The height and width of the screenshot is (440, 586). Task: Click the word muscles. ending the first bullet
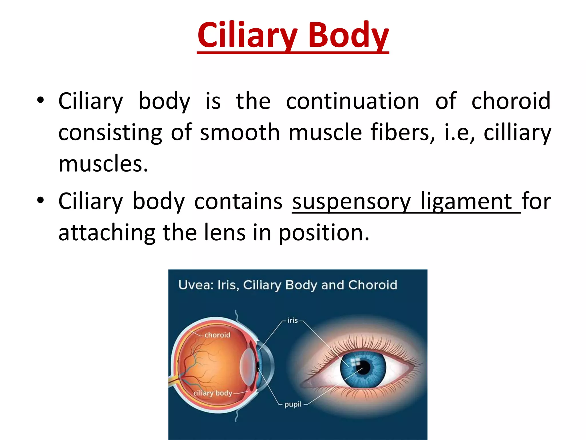pyautogui.click(x=103, y=164)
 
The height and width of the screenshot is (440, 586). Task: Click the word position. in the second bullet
pyautogui.click(x=324, y=233)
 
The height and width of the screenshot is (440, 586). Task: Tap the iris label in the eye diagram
pyautogui.click(x=292, y=320)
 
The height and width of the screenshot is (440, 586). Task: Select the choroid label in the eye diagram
pyautogui.click(x=217, y=335)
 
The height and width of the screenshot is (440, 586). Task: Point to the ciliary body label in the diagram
pyautogui.click(x=213, y=393)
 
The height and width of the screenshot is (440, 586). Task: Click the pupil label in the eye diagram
pyautogui.click(x=293, y=404)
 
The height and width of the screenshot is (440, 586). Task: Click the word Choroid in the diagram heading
pyautogui.click(x=373, y=285)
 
